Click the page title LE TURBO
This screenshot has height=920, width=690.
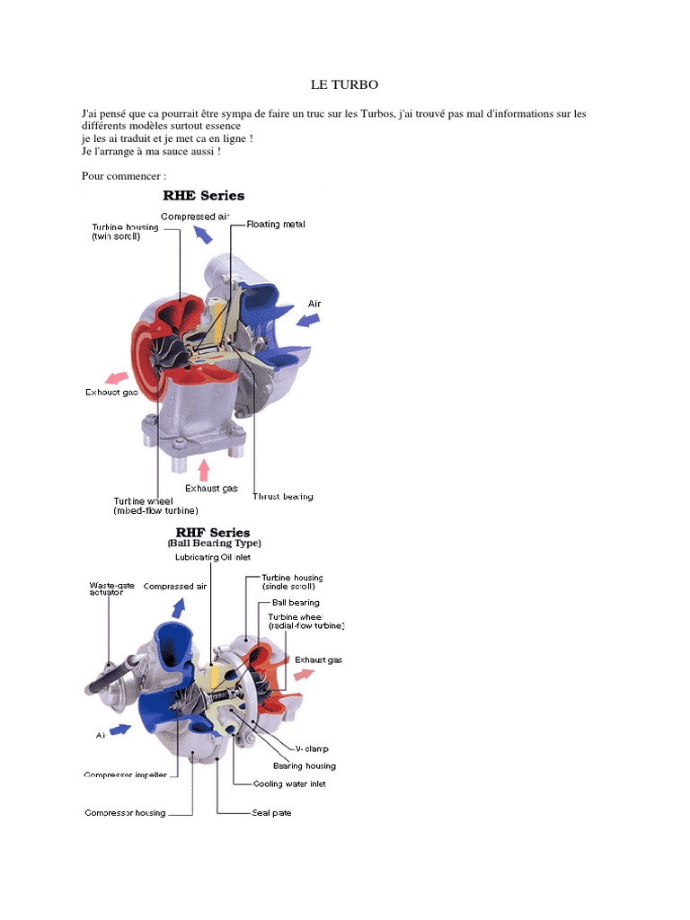point(344,84)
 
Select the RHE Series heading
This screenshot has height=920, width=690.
point(203,195)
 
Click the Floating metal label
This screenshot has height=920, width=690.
point(276,224)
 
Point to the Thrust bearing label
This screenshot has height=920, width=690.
point(283,496)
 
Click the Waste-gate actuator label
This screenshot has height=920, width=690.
point(111,589)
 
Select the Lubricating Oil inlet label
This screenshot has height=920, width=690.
point(212,558)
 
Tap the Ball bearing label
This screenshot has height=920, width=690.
point(289,602)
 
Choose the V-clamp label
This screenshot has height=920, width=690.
point(312,747)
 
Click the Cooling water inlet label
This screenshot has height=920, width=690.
point(288,783)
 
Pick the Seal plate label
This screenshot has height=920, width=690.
point(270,813)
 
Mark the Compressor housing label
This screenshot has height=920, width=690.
point(125,813)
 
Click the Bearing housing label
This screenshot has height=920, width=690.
point(305,765)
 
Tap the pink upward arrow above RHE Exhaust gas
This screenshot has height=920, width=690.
point(206,468)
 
